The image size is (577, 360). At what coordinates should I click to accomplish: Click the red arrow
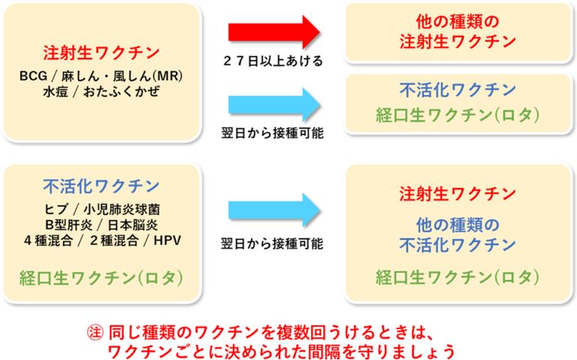[274, 32]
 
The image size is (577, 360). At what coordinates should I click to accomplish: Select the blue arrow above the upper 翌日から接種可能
[274, 105]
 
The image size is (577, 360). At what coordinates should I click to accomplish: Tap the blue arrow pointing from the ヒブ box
[274, 210]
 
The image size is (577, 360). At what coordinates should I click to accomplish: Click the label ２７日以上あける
[273, 61]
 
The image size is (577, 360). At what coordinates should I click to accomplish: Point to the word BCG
[34, 76]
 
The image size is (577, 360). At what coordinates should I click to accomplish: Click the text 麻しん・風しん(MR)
[122, 76]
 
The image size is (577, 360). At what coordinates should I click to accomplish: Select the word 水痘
[56, 92]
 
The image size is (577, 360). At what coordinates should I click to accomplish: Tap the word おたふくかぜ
[122, 92]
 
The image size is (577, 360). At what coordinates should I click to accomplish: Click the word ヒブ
[56, 210]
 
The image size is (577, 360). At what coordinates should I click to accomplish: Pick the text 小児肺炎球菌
[122, 210]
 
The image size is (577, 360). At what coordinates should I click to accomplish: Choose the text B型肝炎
[69, 225]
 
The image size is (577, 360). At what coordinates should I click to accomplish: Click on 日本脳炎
[133, 225]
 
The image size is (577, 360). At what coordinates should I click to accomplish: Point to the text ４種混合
[48, 241]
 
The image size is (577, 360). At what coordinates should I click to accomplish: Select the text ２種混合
[114, 241]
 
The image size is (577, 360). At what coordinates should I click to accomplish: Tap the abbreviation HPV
[168, 241]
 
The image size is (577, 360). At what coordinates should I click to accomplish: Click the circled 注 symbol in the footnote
[95, 333]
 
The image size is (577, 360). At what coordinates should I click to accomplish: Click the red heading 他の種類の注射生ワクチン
[458, 32]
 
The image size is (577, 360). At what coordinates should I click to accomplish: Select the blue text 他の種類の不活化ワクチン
[458, 234]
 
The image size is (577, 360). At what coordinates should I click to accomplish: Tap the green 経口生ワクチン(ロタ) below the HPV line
[101, 278]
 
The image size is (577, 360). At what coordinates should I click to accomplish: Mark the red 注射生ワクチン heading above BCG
[101, 53]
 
